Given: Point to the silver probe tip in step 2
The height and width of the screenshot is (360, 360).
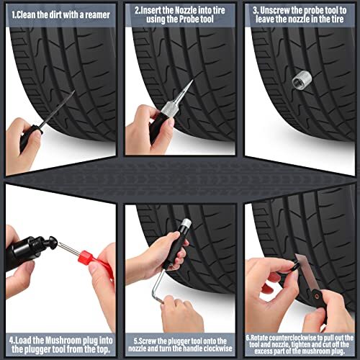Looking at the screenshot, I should click(188, 94).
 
